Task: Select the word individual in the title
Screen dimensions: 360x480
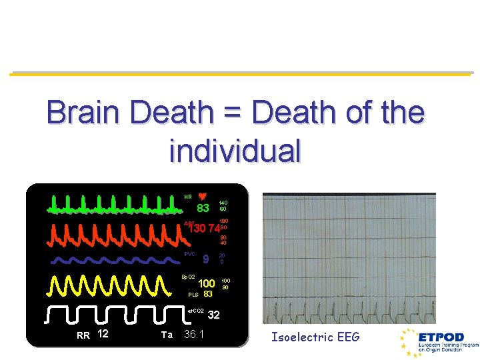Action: pyautogui.click(x=235, y=151)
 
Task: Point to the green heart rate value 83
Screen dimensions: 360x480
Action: pyautogui.click(x=203, y=209)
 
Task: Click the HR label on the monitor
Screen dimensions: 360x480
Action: pyautogui.click(x=188, y=197)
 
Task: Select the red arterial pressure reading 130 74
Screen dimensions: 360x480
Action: pyautogui.click(x=205, y=229)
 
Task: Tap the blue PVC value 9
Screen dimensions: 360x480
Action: pyautogui.click(x=206, y=259)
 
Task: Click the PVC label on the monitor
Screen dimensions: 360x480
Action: pyautogui.click(x=190, y=254)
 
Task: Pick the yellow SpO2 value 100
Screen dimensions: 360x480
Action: pyautogui.click(x=206, y=284)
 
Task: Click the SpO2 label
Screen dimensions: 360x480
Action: pyautogui.click(x=189, y=276)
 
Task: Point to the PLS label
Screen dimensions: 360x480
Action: pyautogui.click(x=193, y=294)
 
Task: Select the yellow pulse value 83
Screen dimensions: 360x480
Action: pyautogui.click(x=208, y=293)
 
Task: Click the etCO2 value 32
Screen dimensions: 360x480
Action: pyautogui.click(x=214, y=315)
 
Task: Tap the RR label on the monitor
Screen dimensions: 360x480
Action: pyautogui.click(x=83, y=335)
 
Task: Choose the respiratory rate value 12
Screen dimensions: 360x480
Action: pyautogui.click(x=103, y=333)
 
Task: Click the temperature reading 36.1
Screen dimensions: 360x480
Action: pyautogui.click(x=194, y=334)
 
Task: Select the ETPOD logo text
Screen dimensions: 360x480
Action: pyautogui.click(x=440, y=337)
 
